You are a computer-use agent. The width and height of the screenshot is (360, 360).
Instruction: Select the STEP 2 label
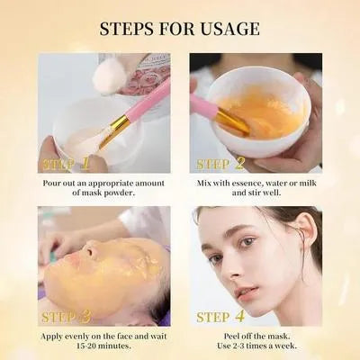click(220, 164)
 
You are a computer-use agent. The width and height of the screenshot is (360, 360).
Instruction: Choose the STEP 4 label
click(220, 317)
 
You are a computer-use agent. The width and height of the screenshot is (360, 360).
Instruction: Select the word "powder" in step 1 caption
click(104, 193)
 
